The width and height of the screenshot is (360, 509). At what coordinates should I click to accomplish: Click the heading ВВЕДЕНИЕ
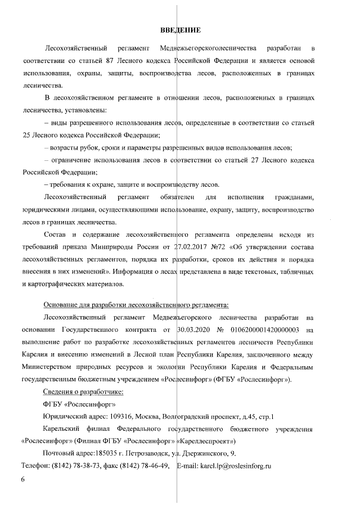click(x=181, y=29)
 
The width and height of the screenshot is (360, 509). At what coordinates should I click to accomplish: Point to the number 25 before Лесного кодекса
click(x=27, y=135)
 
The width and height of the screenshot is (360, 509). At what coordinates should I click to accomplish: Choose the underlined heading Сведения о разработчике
click(x=83, y=391)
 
